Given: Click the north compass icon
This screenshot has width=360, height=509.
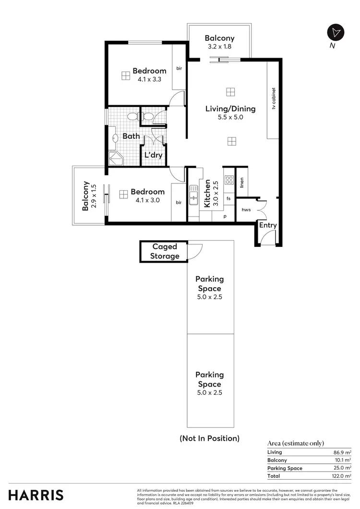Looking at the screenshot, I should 336,32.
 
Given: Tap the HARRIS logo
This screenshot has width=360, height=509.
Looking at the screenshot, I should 36,495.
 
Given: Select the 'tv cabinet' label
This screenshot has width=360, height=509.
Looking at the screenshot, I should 274,98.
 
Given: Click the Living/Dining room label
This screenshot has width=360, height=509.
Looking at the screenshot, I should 230,109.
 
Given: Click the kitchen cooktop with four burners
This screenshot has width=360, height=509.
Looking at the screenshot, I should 229,181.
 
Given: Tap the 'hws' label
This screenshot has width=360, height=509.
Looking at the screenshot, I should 246,210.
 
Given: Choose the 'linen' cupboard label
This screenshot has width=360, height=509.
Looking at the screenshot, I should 242,182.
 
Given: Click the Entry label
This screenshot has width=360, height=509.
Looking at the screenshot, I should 268,225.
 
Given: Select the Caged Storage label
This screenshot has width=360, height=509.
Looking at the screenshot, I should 165,251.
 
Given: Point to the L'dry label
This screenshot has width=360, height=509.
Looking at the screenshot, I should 153,155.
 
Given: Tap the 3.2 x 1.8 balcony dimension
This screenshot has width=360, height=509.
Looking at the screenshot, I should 219,47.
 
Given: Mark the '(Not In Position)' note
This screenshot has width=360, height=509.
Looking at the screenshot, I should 209,438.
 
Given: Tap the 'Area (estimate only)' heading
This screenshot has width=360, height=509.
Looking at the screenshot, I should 295,443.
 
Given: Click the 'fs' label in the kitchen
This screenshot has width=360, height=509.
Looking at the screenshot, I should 228,198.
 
